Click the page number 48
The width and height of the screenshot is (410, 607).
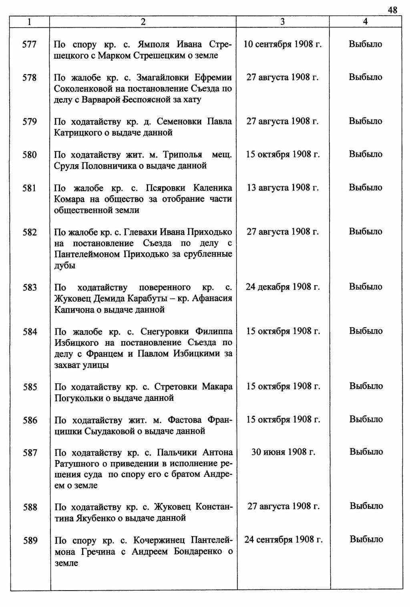click(392, 10)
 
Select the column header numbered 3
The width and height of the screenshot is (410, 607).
click(283, 22)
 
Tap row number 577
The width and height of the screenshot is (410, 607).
click(30, 44)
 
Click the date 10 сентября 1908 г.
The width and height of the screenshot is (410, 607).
click(283, 44)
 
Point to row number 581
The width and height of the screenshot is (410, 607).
click(30, 188)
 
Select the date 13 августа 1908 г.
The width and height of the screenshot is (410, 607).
click(283, 187)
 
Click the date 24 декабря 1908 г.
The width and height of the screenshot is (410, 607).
click(283, 287)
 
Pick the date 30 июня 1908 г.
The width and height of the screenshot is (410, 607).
click(283, 452)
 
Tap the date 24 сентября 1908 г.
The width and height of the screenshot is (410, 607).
click(283, 539)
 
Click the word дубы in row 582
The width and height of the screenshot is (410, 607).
click(65, 265)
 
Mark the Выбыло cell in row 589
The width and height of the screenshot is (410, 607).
click(366, 539)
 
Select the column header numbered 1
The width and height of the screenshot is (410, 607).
click(30, 22)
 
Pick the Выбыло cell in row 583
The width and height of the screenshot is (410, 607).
click(366, 287)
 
